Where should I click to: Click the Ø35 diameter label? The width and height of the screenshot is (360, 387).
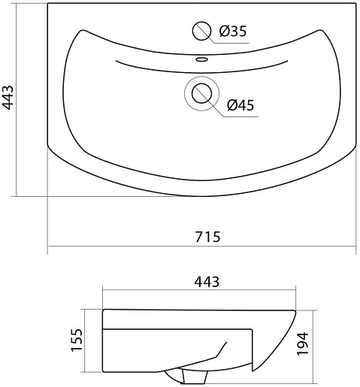tap(233, 31)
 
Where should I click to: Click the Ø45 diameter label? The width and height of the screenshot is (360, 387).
tap(241, 105)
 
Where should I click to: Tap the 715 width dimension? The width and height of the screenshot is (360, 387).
tap(207, 237)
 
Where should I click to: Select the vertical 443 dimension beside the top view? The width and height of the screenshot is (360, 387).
tap(8, 98)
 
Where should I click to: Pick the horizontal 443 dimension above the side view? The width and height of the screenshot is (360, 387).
tap(207, 282)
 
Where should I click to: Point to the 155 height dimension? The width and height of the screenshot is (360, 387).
tap(77, 340)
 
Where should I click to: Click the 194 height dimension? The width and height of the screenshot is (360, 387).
tap(303, 343)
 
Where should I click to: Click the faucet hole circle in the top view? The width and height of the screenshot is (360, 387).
tap(201, 31)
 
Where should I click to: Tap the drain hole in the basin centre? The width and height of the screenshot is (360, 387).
tap(201, 93)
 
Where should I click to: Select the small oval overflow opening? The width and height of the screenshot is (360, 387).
tap(201, 59)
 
